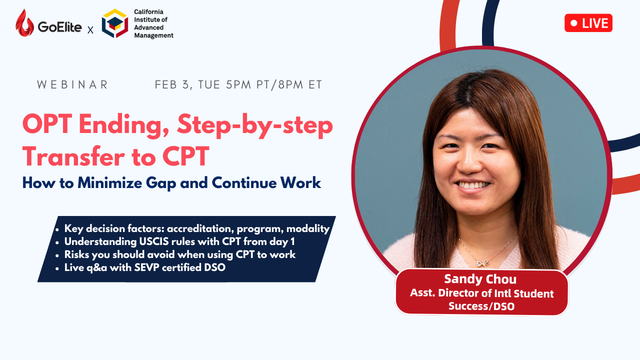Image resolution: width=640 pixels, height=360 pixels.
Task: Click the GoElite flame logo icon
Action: point(24,23)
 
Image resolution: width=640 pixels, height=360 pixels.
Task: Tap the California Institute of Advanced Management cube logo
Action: point(115,23)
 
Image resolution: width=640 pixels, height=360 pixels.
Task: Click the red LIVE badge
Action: point(588,23)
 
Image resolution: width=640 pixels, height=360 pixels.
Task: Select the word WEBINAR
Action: point(72,84)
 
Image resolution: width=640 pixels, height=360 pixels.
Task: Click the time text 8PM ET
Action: point(300,85)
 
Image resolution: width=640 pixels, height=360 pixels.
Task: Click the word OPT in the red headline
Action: point(47,124)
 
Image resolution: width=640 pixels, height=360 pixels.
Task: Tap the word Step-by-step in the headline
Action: point(255,126)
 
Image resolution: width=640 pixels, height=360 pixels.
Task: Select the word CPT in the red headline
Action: point(185,156)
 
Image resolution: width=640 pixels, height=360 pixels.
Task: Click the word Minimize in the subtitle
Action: point(109,182)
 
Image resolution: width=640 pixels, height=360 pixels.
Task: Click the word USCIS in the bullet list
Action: point(153,241)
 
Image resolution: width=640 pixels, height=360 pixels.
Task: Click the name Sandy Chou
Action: point(480,279)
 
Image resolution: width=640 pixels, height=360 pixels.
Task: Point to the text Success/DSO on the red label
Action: point(481,306)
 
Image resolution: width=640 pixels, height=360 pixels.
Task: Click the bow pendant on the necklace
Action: point(482,263)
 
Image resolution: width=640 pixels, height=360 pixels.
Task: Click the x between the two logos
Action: point(90,30)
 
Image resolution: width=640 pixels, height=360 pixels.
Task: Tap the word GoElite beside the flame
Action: point(59,27)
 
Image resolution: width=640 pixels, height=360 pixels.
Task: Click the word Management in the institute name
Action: point(153,35)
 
